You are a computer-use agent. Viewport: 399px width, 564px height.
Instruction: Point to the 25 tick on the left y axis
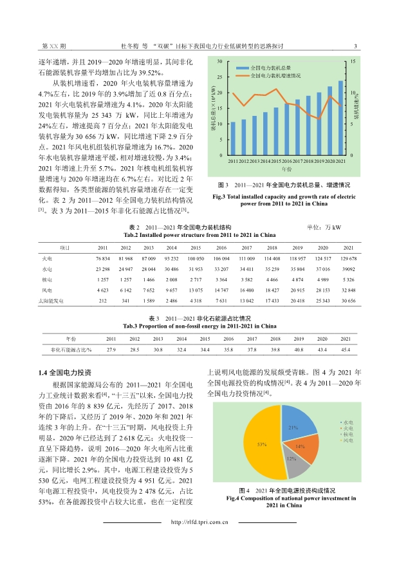pos(220,77)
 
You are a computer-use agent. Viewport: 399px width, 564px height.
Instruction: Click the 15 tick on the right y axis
pos(353,61)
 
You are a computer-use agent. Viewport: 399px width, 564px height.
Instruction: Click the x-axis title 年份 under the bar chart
pos(286,168)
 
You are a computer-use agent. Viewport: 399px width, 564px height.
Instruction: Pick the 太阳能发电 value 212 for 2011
pos(102,301)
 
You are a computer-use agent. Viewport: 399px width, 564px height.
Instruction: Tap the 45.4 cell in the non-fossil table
pos(346,350)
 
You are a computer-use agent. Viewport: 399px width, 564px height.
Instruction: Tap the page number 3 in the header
pos(356,46)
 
